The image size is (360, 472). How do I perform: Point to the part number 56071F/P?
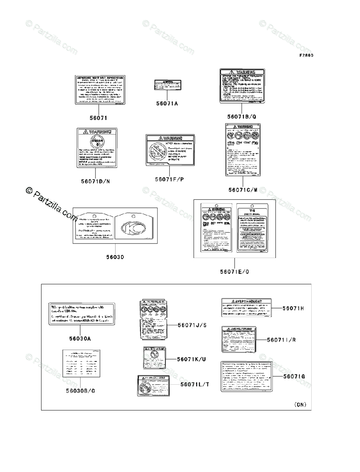click(x=169, y=179)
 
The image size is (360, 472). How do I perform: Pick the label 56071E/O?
click(x=234, y=271)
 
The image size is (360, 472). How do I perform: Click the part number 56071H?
click(x=293, y=308)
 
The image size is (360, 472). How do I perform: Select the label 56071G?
click(x=294, y=376)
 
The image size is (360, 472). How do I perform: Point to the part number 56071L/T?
click(x=195, y=384)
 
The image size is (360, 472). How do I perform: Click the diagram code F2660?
click(x=306, y=55)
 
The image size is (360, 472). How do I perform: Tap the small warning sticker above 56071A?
click(x=167, y=85)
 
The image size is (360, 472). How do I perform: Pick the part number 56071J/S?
click(x=192, y=325)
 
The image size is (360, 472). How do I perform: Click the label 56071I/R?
click(x=283, y=340)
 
